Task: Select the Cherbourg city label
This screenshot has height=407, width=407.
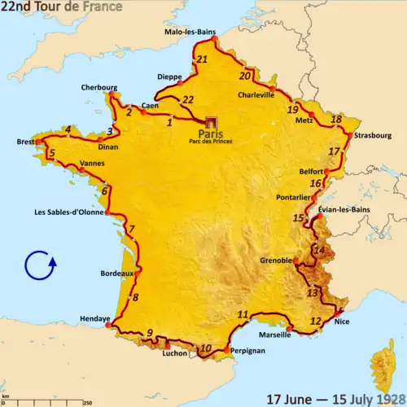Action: [99, 87]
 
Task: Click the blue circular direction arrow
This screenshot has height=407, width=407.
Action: [40, 266]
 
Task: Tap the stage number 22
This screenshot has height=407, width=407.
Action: [187, 99]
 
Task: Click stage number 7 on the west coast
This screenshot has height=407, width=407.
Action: [130, 230]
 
